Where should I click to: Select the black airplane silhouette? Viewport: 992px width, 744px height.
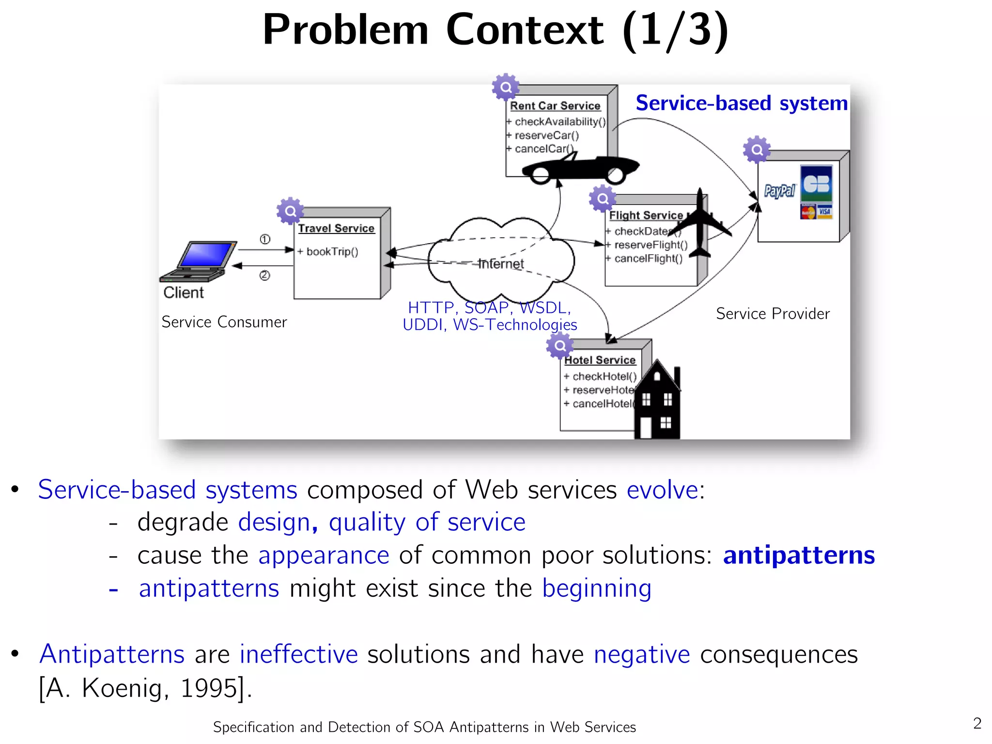coord(700,224)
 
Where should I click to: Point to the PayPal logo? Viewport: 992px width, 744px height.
coord(779,191)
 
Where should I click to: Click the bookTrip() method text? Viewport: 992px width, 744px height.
coord(332,252)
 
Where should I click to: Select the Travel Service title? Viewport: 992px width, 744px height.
coord(336,229)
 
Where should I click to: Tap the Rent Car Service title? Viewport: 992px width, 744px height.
coord(555,106)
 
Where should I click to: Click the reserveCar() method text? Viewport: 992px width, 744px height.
coord(546,136)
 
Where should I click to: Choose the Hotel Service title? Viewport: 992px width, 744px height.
coord(600,360)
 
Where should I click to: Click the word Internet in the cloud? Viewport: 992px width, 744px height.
coord(501,264)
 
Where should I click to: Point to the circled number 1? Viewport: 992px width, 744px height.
coord(265,239)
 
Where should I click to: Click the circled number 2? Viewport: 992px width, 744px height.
coord(264,276)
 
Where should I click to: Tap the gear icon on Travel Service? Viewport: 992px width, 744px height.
coord(290,211)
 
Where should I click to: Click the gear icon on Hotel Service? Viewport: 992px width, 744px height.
coord(560,345)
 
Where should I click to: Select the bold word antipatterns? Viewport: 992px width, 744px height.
coord(799,555)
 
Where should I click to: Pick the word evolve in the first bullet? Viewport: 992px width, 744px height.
coord(662,490)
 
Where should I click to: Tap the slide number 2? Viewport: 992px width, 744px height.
coord(977,724)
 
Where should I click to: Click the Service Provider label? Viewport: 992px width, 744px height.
coord(773,314)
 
